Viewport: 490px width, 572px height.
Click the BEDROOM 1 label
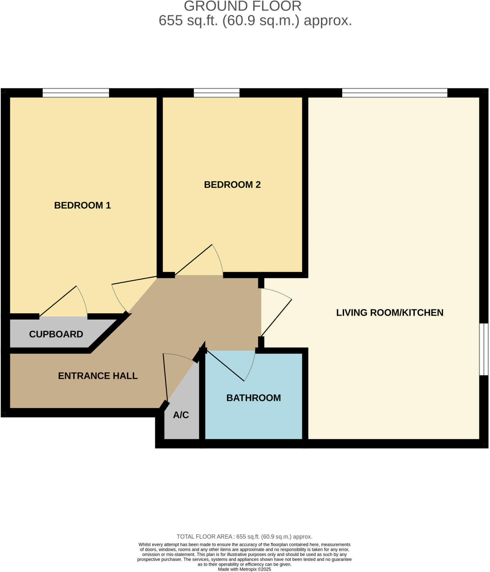point(82,205)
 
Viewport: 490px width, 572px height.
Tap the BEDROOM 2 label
point(232,185)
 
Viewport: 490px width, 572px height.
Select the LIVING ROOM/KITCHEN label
point(389,313)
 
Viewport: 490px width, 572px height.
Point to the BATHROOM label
point(253,398)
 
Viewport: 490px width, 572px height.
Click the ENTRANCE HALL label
point(98,376)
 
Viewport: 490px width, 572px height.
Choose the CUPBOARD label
point(56,334)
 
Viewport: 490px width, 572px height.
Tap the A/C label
point(181,415)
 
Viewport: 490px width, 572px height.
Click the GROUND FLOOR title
point(242,6)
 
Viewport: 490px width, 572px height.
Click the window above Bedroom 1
point(76,93)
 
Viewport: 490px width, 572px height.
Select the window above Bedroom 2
point(217,93)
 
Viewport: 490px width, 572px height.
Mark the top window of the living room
point(394,93)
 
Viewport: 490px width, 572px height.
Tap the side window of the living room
point(484,349)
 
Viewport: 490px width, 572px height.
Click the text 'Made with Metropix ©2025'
point(244,569)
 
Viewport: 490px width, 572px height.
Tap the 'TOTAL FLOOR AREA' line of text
point(244,537)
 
